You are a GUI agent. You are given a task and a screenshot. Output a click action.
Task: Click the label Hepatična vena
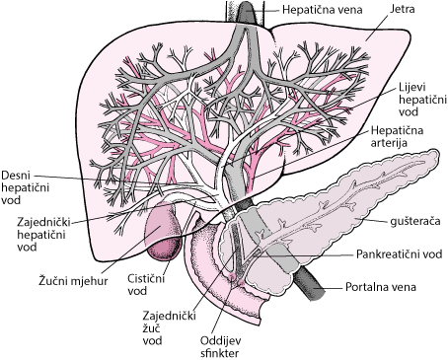point(322,10)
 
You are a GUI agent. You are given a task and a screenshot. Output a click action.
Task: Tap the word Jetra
point(402,9)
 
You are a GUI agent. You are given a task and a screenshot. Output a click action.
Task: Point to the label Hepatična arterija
point(397,137)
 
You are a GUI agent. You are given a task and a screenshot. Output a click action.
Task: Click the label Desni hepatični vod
point(26,187)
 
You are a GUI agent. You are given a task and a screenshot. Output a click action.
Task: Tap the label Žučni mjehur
point(73,281)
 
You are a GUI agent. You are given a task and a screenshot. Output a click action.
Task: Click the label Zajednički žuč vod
point(169,328)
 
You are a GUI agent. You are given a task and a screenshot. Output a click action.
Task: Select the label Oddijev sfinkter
point(220,346)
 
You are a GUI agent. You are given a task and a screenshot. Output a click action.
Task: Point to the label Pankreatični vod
point(400,254)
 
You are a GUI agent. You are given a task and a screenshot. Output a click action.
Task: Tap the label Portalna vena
point(381,287)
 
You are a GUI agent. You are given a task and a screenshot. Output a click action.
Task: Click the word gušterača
point(415,221)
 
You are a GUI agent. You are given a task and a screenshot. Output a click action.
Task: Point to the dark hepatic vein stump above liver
point(245,12)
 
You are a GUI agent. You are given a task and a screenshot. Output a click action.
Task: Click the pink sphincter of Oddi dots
point(237,280)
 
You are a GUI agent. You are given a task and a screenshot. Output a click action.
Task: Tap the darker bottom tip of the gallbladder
point(164,251)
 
